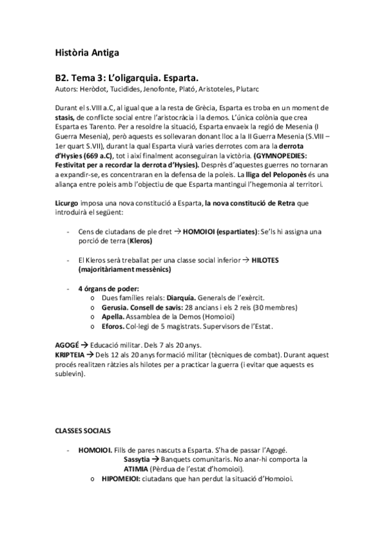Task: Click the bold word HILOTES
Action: pyautogui.click(x=261, y=259)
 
